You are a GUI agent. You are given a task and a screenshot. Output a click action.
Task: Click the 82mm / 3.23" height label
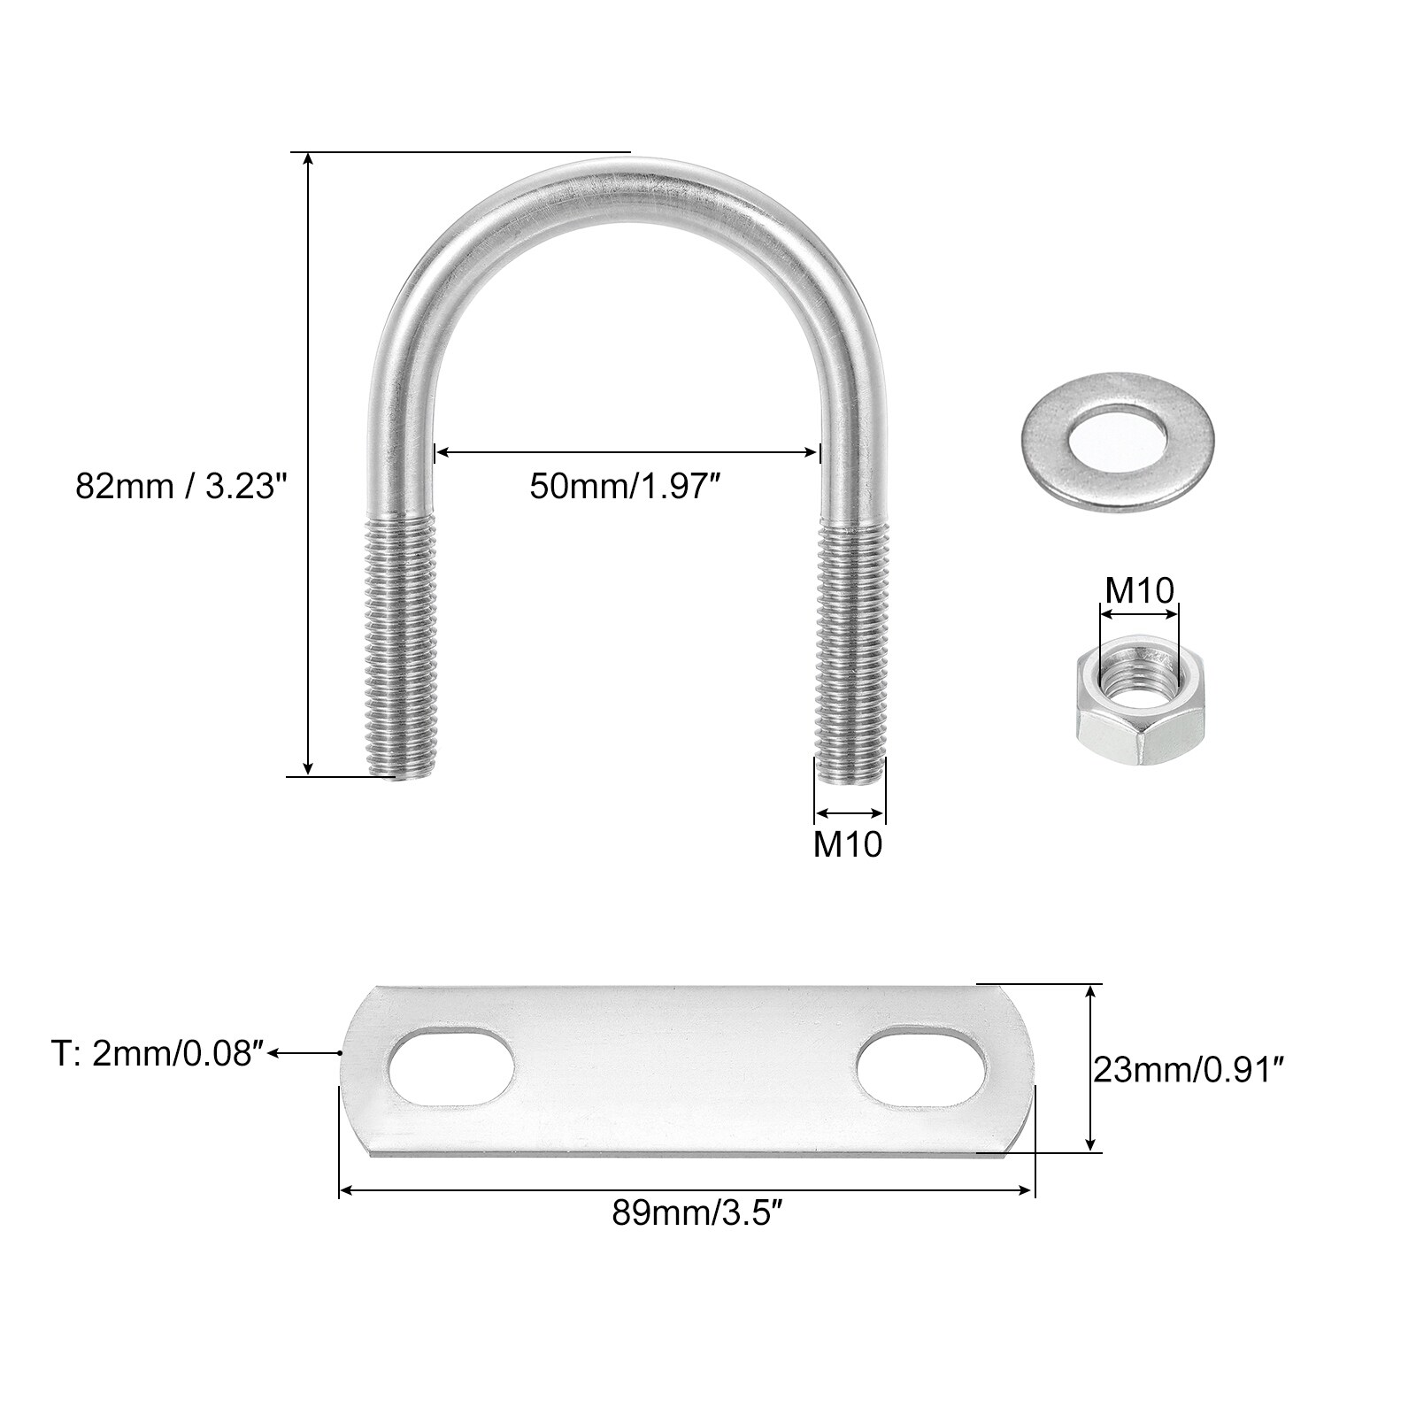click(x=181, y=486)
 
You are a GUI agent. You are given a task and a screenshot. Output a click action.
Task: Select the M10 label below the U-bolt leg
click(x=848, y=844)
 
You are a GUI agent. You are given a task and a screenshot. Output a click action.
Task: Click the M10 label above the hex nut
click(x=1138, y=589)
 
